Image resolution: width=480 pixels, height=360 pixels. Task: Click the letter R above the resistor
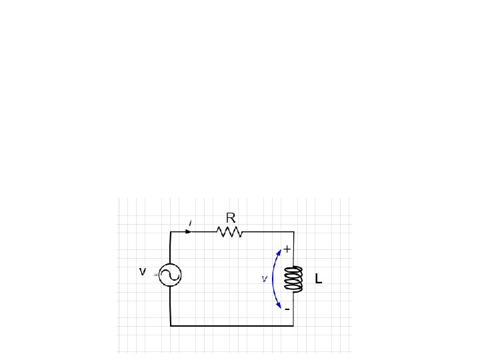point(231,217)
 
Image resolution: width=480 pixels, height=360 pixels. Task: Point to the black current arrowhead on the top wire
point(189,232)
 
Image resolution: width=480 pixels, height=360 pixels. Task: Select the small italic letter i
point(191,222)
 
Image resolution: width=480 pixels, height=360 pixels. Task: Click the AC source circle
point(171,275)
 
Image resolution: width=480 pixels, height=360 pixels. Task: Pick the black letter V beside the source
point(142,272)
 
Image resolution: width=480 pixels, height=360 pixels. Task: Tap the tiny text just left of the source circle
point(156,275)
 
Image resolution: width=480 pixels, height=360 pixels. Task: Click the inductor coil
point(293,279)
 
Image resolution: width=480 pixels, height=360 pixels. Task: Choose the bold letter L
point(319,281)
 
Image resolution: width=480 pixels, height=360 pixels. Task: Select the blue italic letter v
point(265,279)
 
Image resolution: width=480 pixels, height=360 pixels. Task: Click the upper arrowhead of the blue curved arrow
point(279,252)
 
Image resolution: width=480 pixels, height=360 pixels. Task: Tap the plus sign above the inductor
point(287,249)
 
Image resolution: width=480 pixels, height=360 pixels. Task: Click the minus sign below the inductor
point(287,310)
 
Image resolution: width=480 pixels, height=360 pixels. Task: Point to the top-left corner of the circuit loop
point(171,232)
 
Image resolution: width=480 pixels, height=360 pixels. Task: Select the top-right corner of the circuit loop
point(293,232)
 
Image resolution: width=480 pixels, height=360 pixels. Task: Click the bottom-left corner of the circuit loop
point(171,325)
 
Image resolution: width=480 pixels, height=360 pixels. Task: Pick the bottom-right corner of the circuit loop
point(293,325)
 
